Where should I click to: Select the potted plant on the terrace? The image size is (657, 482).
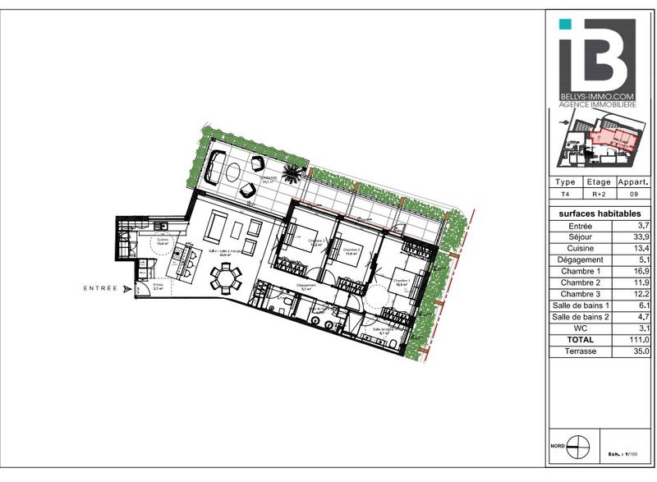pyautogui.click(x=292, y=172)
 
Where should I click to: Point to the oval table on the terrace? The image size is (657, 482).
pyautogui.click(x=230, y=173)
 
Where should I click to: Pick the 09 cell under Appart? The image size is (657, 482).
pyautogui.click(x=632, y=195)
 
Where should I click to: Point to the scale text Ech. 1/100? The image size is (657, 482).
pyautogui.click(x=624, y=454)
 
